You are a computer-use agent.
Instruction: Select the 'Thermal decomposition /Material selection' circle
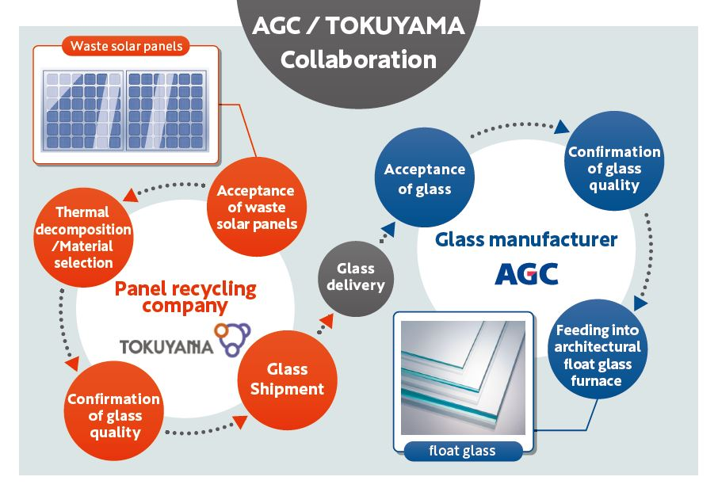tap(83, 237)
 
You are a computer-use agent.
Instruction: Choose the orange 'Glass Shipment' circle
tap(284, 379)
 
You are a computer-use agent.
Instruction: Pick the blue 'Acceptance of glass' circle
tap(424, 179)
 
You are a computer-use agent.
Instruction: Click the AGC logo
tap(526, 273)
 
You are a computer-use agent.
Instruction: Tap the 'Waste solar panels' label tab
tap(127, 46)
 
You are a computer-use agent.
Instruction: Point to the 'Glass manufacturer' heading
tap(525, 238)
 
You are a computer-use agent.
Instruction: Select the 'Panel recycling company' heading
tap(185, 296)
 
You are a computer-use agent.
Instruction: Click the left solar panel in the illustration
tap(83, 111)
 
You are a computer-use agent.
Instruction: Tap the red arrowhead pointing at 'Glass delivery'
tap(326, 318)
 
